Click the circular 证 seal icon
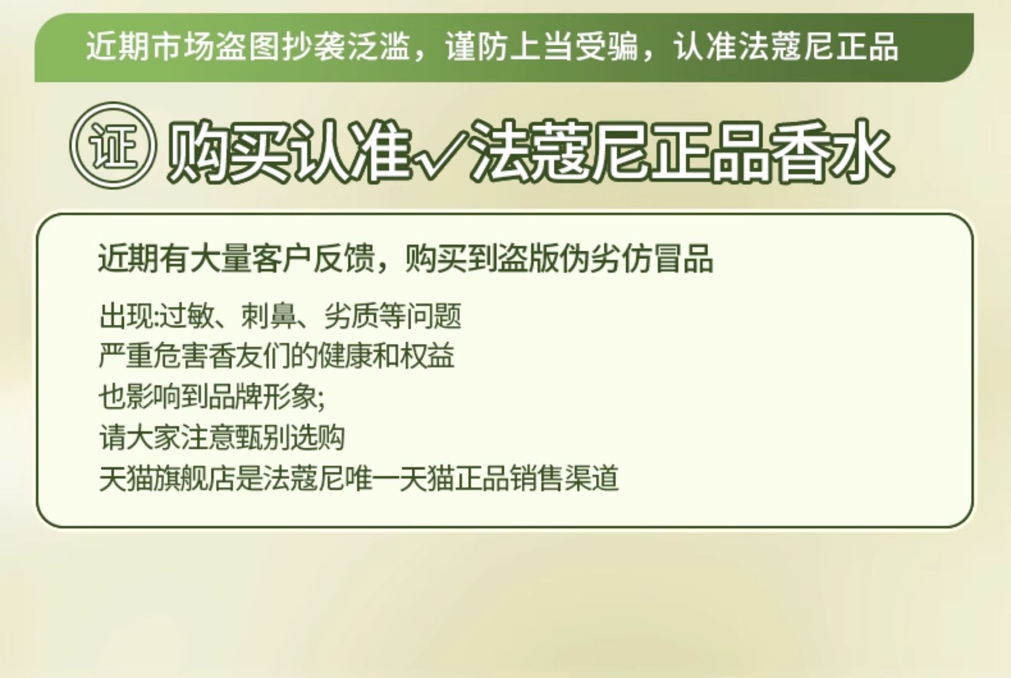(113, 146)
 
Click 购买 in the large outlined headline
(228, 151)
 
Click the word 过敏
(186, 316)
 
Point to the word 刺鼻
(269, 316)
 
